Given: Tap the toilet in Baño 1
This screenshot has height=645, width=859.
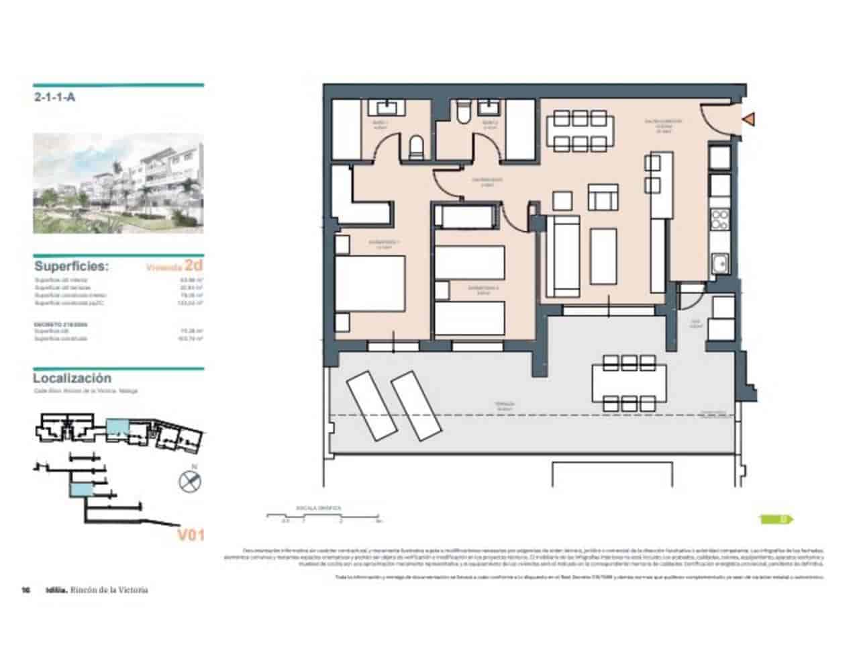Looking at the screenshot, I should (x=416, y=146).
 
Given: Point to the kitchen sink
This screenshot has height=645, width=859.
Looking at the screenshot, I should (x=721, y=263).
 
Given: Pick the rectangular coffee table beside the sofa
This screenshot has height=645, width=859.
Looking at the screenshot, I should (x=603, y=257).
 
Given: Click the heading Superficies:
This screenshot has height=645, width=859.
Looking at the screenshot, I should (x=71, y=267).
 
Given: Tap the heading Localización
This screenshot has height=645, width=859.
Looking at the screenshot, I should (x=72, y=378).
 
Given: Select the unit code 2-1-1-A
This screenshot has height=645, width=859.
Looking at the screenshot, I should (x=54, y=97).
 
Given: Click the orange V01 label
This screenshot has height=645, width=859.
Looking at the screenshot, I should (x=190, y=535).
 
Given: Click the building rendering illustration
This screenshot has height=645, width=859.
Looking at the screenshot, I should (x=119, y=183).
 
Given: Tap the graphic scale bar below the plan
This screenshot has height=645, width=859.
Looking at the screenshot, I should (x=323, y=517).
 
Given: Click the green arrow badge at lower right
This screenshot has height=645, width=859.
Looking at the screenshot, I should (x=776, y=519).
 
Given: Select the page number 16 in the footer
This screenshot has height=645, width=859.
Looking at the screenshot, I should (x=26, y=590).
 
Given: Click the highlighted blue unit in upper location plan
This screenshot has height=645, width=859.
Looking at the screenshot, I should (x=117, y=427).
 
